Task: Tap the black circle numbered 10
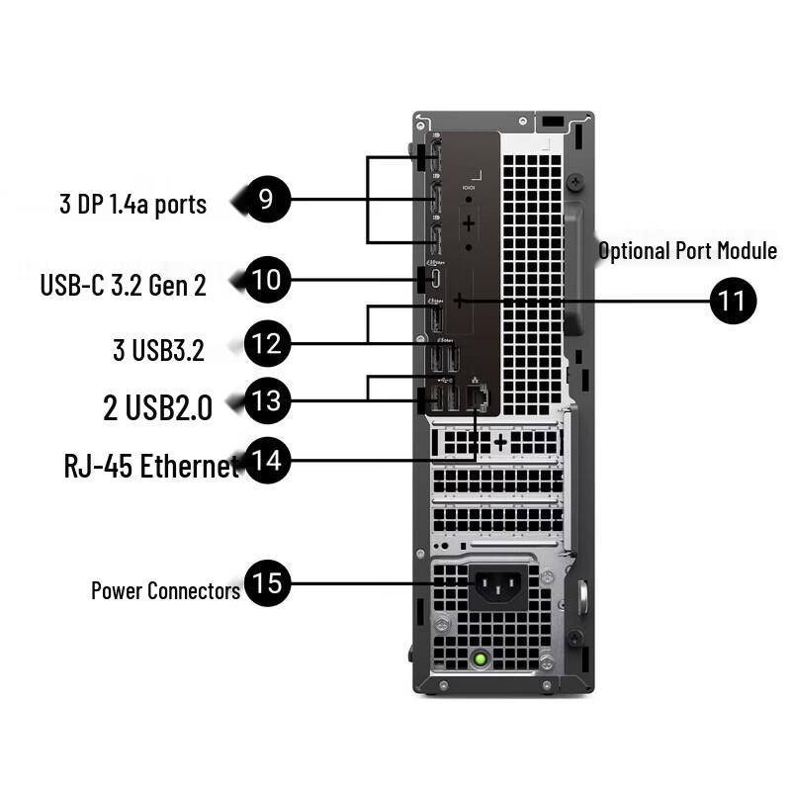click(267, 280)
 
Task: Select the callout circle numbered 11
click(733, 300)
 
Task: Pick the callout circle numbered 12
click(266, 344)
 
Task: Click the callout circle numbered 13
click(266, 400)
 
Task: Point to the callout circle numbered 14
click(266, 461)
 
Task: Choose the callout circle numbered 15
click(266, 582)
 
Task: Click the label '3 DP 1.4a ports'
click(132, 205)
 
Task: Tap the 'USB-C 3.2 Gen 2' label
click(123, 286)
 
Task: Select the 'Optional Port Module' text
click(687, 251)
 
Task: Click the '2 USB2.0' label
click(157, 407)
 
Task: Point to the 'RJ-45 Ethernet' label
click(151, 466)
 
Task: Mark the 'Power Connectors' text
click(165, 591)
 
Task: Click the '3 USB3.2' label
click(158, 350)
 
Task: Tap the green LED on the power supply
click(481, 657)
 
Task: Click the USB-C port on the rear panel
click(435, 280)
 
